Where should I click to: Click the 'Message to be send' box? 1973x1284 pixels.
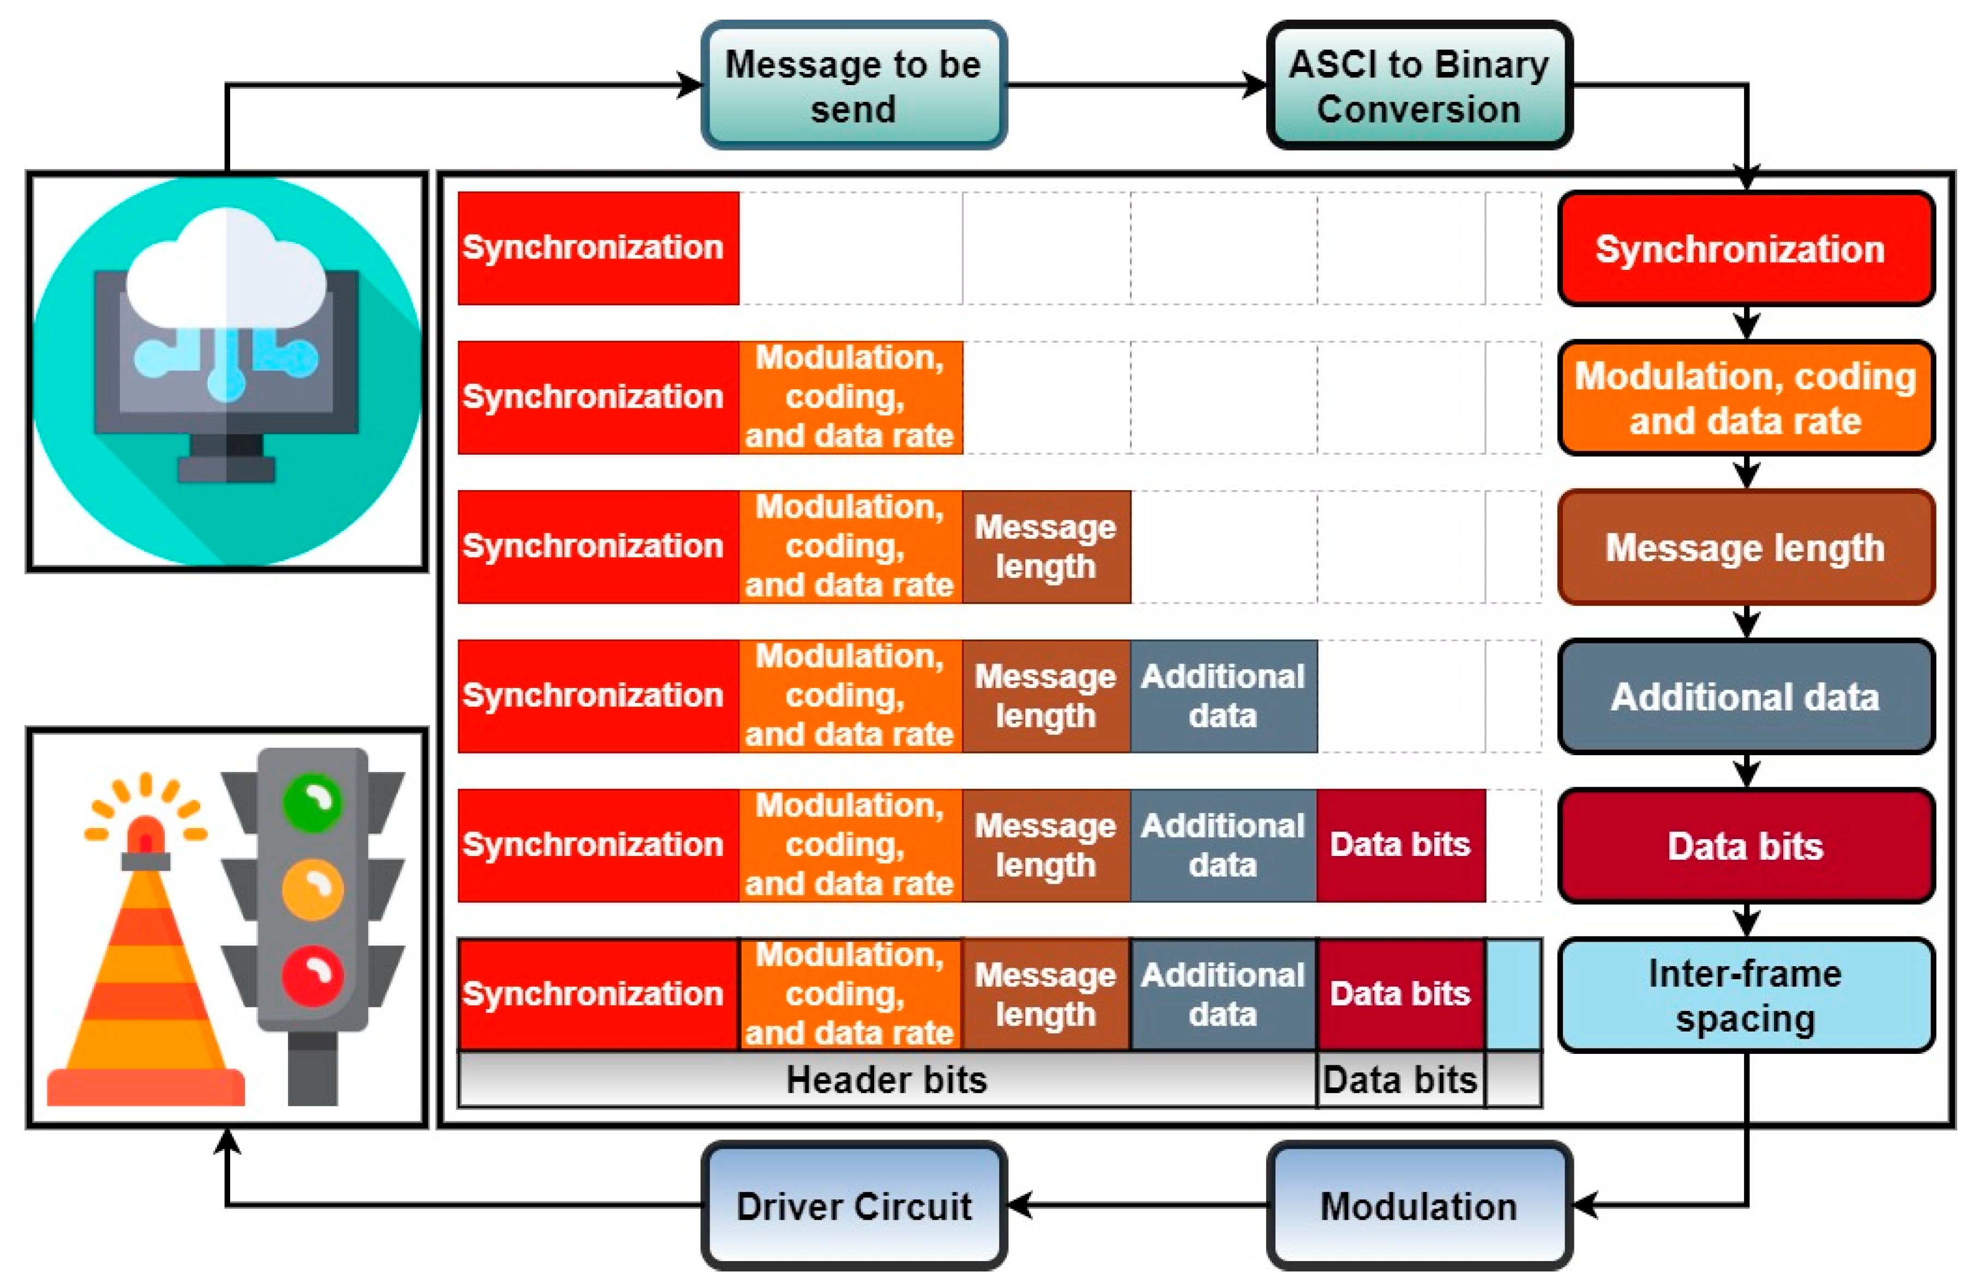(x=854, y=86)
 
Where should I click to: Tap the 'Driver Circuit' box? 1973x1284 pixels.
(x=854, y=1206)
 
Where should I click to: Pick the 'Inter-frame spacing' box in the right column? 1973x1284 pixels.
(x=1746, y=994)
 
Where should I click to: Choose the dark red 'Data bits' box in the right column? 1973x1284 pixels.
(x=1746, y=846)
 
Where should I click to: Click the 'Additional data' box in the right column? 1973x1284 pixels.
(x=1746, y=696)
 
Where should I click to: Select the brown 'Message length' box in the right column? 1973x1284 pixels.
(x=1746, y=547)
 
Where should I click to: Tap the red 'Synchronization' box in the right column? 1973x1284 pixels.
(x=1746, y=249)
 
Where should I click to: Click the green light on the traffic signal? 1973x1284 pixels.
(x=312, y=801)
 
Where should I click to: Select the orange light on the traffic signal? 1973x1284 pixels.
(x=312, y=889)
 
